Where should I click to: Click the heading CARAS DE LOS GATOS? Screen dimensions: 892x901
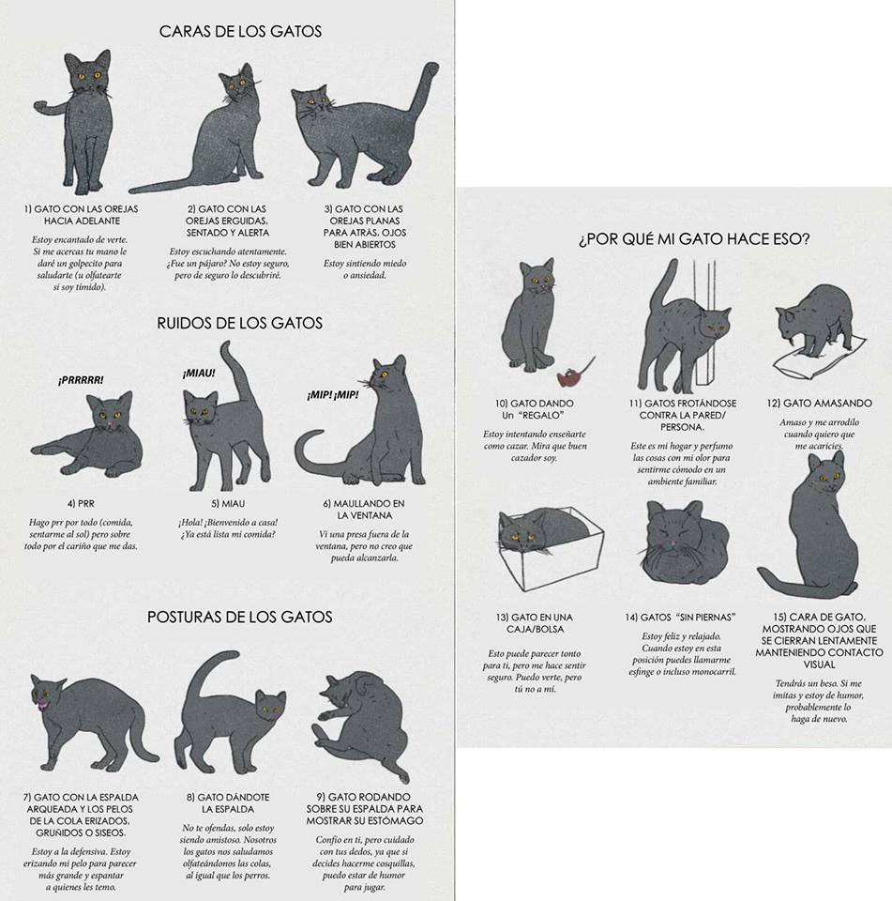(240, 31)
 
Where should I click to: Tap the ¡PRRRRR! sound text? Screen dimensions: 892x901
(81, 380)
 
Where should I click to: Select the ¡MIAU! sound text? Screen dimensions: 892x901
(199, 374)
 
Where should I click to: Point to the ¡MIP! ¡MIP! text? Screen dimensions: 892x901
(333, 395)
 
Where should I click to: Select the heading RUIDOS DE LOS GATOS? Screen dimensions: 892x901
(239, 324)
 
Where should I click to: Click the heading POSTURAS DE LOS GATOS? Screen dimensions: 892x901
(239, 618)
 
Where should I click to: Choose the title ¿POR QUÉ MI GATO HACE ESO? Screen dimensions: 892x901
(694, 239)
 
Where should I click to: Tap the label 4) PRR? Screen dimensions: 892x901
(81, 504)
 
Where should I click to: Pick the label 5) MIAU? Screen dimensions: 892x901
(228, 504)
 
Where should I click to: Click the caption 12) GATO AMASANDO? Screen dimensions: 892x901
(819, 404)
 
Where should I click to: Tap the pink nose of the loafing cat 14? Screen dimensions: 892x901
(671, 543)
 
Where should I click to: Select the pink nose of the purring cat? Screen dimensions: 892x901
(109, 424)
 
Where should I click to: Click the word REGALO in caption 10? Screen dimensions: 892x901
(541, 416)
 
